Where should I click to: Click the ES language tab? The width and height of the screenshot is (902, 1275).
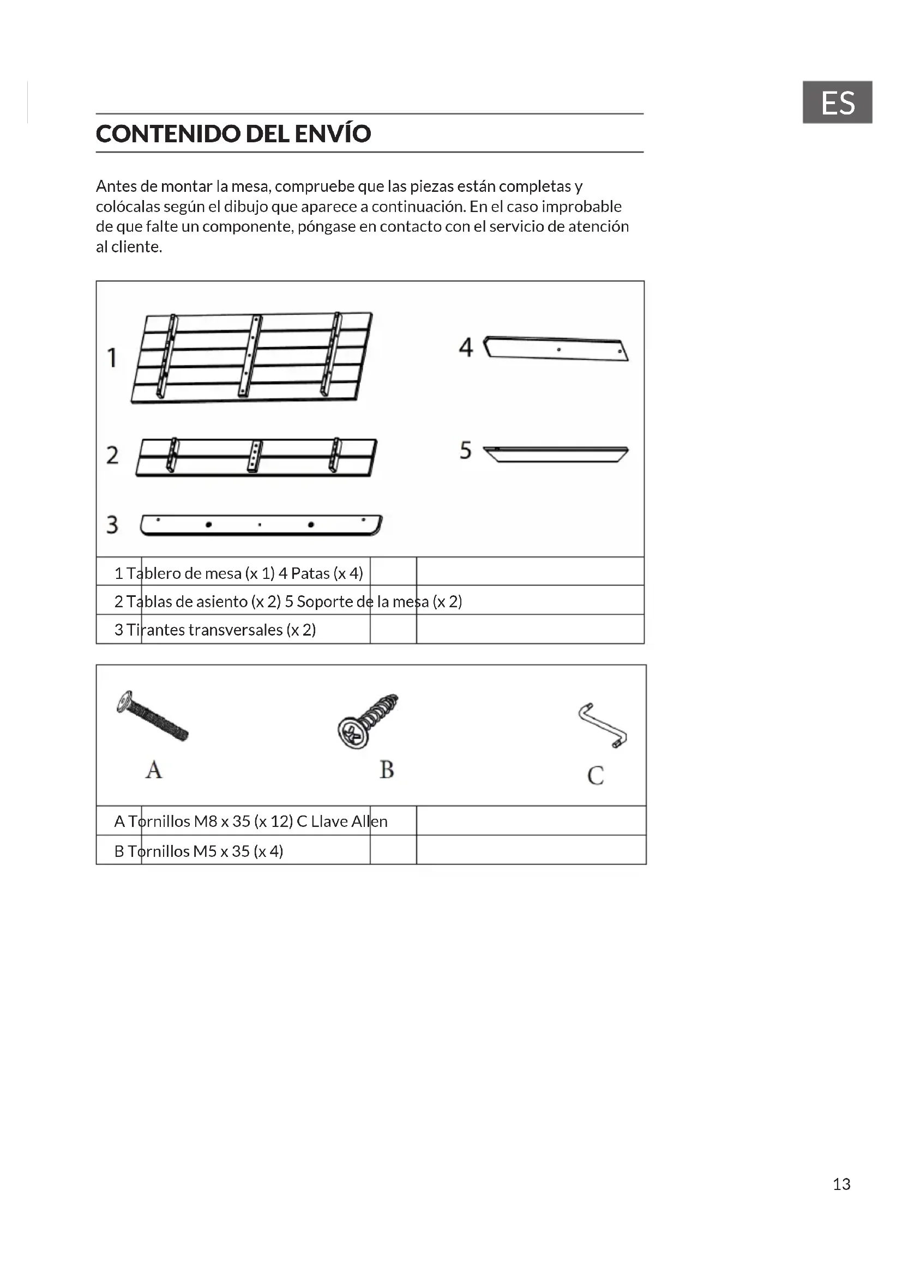pyautogui.click(x=837, y=102)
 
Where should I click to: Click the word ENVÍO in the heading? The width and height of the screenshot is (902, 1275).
pyautogui.click(x=332, y=134)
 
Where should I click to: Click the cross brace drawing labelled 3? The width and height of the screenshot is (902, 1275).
pyautogui.click(x=261, y=525)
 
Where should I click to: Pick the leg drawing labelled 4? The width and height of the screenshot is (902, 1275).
pyautogui.click(x=555, y=349)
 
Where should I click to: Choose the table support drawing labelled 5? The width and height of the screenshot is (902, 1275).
pyautogui.click(x=555, y=454)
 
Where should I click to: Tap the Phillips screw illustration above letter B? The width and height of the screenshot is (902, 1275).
pyautogui.click(x=366, y=720)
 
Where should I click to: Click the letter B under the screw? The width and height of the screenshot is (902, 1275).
pyautogui.click(x=387, y=770)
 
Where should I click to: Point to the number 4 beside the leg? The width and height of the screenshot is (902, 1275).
pyautogui.click(x=465, y=347)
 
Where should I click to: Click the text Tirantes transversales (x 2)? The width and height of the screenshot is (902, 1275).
pyautogui.click(x=221, y=630)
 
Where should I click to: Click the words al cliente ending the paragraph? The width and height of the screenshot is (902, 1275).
pyautogui.click(x=129, y=246)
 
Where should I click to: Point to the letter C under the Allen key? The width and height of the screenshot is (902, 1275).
pyautogui.click(x=596, y=775)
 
